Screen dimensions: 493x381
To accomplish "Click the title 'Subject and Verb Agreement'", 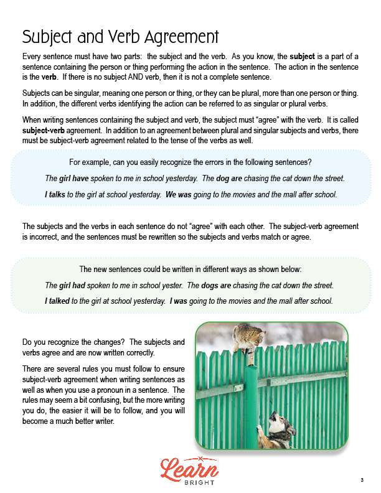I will [x=120, y=36].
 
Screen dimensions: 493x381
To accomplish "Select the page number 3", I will [x=362, y=479].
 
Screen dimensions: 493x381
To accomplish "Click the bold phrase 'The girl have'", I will [x=68, y=179].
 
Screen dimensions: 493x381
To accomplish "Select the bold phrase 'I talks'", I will [x=55, y=194].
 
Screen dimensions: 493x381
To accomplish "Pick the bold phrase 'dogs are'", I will [x=216, y=285].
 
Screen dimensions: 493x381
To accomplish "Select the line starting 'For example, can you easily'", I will [x=190, y=163].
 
